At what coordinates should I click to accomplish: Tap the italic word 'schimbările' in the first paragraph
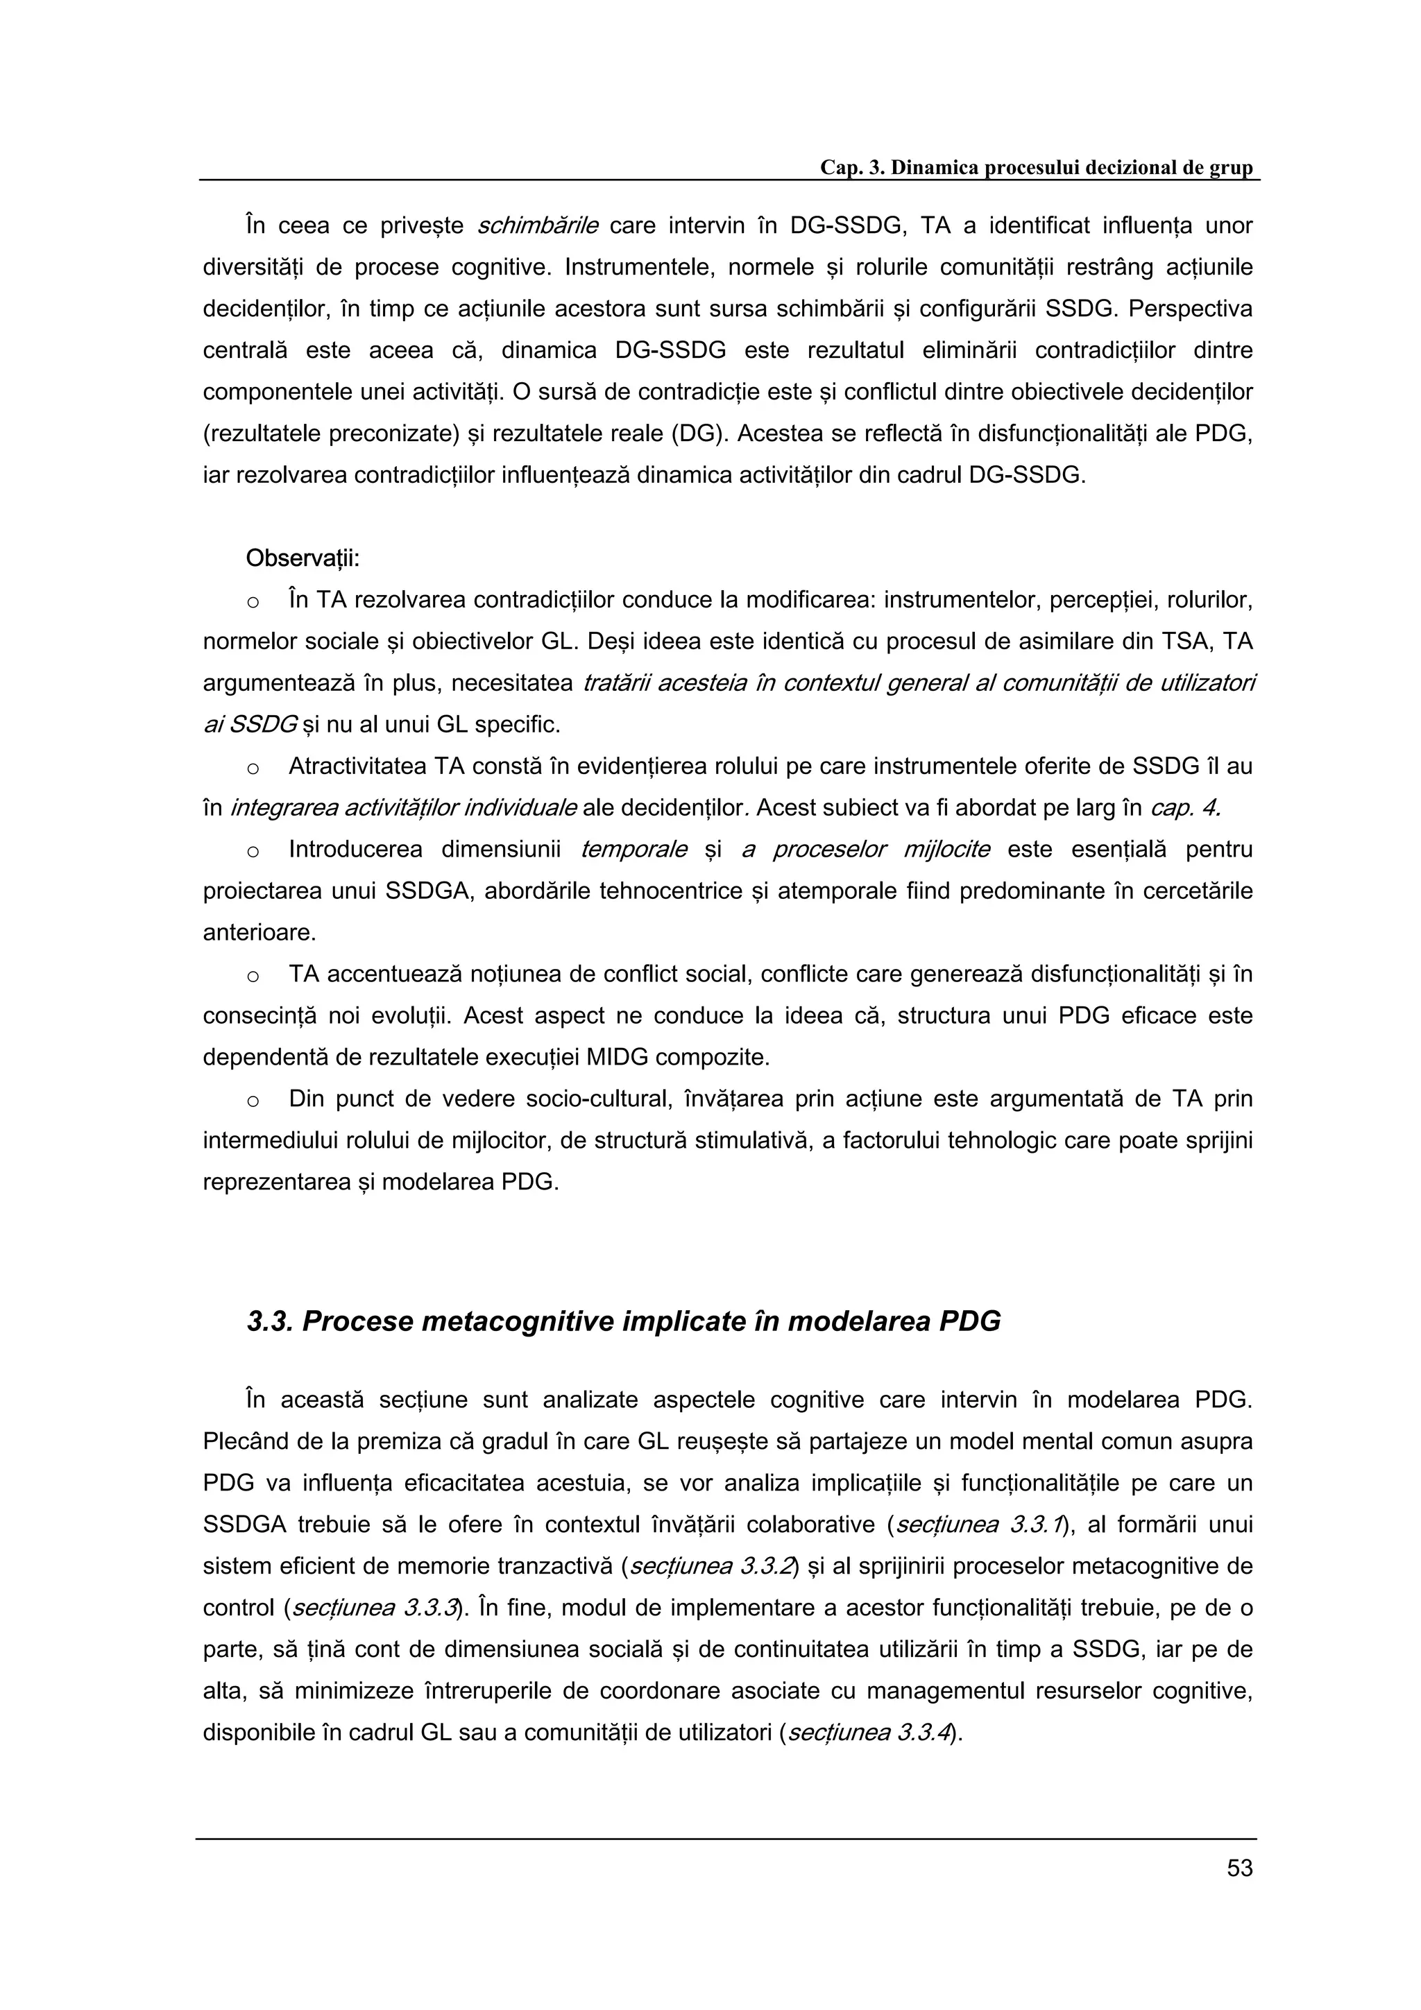(538, 226)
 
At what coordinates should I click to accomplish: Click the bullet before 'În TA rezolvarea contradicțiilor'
(253, 602)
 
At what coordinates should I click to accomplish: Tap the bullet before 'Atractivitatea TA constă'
(253, 768)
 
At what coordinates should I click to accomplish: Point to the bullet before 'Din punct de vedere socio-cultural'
(253, 1101)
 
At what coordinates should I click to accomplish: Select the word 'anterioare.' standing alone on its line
(259, 932)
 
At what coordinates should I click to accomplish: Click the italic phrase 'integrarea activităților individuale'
(404, 808)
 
